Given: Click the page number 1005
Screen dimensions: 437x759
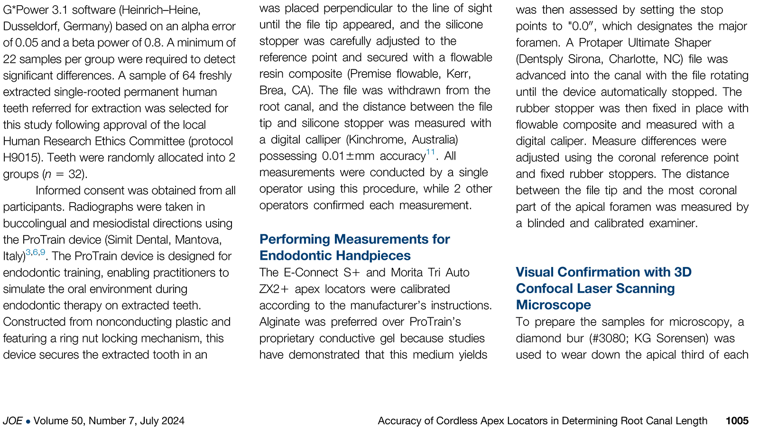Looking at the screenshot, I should click(x=737, y=421).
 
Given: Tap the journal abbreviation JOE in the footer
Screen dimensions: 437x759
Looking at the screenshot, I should click(x=12, y=421).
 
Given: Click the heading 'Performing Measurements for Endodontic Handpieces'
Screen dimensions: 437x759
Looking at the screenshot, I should click(x=354, y=247).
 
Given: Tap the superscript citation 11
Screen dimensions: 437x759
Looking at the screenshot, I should click(x=430, y=152).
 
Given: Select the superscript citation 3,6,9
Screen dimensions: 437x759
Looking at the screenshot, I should click(x=36, y=252).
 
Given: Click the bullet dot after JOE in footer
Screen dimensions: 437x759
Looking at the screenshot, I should click(x=28, y=421).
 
